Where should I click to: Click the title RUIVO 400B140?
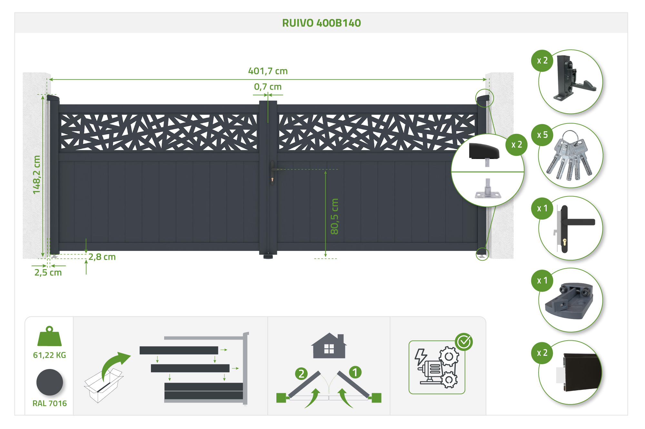(x=321, y=23)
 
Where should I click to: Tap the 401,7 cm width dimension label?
(x=268, y=71)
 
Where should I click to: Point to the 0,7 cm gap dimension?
(x=268, y=87)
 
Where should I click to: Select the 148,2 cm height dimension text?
(x=37, y=175)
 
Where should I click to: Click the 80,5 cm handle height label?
(x=334, y=216)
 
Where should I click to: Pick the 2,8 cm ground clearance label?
(x=102, y=257)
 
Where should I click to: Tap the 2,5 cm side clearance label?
(x=48, y=273)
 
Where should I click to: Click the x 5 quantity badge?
(x=542, y=135)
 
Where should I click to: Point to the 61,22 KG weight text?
(x=49, y=355)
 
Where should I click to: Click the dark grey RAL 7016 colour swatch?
(x=49, y=382)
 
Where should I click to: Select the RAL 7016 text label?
(x=49, y=403)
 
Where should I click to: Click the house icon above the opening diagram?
(x=329, y=346)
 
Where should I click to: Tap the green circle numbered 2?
(x=301, y=374)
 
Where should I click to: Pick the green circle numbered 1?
(x=355, y=372)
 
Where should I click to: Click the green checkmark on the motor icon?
(x=464, y=342)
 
